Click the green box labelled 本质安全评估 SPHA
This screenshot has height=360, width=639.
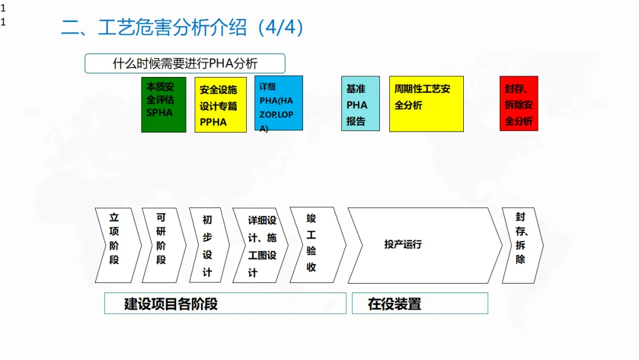coord(164,104)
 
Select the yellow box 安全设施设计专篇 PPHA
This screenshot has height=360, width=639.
coord(220,104)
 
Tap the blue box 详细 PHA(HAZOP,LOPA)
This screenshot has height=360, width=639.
coord(279,103)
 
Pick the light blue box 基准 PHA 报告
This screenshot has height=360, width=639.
coord(360,103)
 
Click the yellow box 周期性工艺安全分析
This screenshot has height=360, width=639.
coord(426,103)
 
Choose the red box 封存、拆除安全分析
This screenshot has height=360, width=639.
coord(519,103)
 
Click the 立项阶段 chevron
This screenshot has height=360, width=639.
coord(115,245)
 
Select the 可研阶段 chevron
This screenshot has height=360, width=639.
coord(162,245)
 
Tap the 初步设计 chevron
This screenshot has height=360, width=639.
coord(208,245)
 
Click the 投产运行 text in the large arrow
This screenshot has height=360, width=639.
coord(403,245)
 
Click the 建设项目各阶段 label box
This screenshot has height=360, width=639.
coord(225,304)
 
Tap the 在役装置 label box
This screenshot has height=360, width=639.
coord(419,304)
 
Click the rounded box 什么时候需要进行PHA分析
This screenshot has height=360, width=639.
coord(185,63)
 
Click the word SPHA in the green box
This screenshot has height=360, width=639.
coord(159,112)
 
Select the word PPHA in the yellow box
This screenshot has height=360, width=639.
coord(213,122)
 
